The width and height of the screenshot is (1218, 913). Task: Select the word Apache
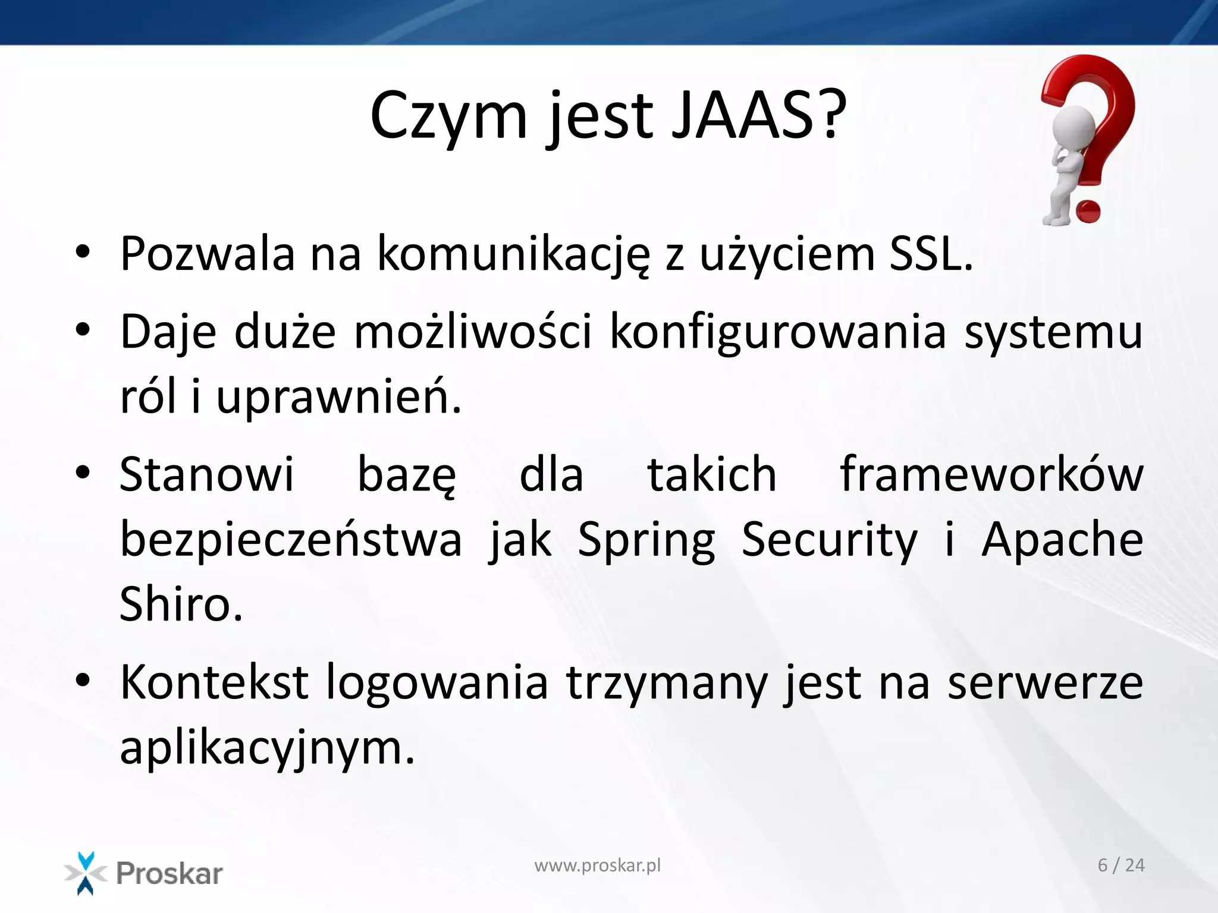1062,540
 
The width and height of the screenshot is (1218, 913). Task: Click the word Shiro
181,605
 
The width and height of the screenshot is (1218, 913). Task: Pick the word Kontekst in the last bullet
214,682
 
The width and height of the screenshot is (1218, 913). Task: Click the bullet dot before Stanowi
83,473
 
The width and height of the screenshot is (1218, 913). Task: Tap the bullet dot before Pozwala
83,252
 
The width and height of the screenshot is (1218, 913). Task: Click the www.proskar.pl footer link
597,865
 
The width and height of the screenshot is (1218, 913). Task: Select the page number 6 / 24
1120,865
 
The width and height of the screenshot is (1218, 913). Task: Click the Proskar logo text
169,873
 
